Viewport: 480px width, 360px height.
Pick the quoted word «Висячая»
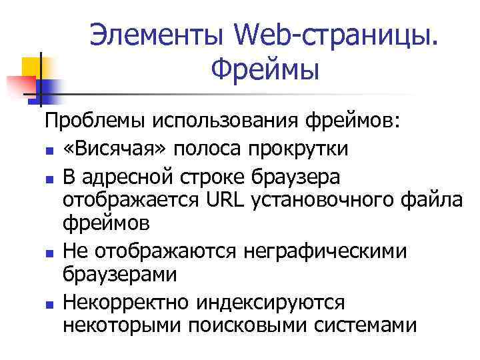(x=108, y=149)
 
